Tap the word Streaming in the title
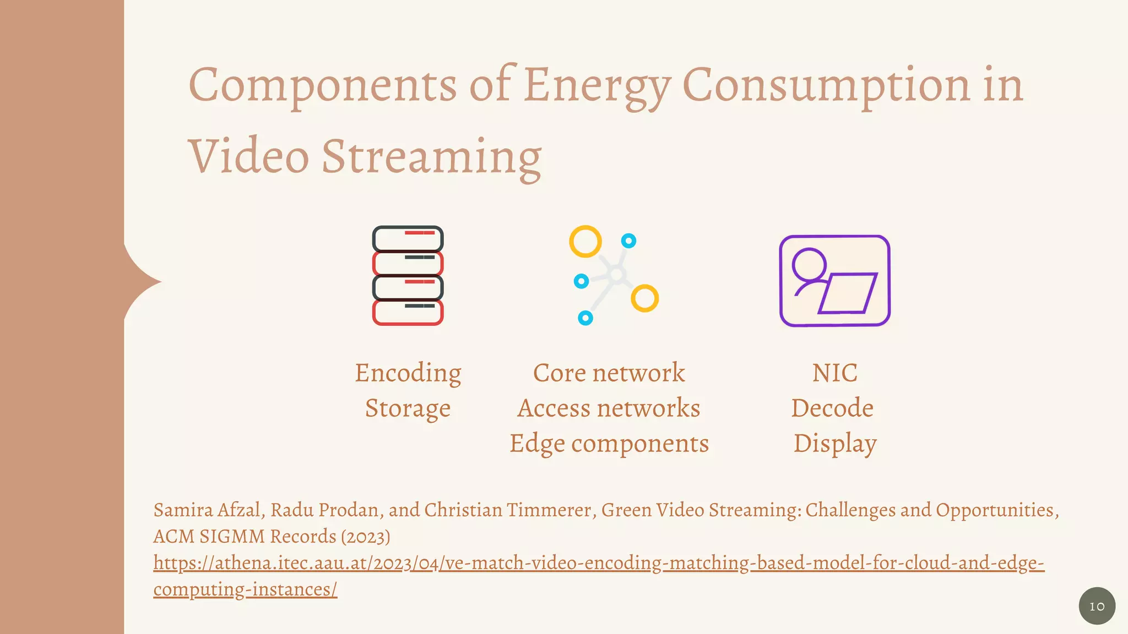(431, 157)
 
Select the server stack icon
(408, 275)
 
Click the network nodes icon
(614, 275)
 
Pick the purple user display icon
(834, 281)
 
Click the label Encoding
(408, 373)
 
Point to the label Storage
(408, 408)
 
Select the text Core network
(609, 373)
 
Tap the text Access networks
(609, 408)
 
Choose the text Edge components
(609, 444)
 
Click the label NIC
(834, 373)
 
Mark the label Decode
(832, 408)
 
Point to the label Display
(834, 444)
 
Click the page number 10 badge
(1097, 606)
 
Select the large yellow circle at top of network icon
(585, 241)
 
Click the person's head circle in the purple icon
(809, 265)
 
